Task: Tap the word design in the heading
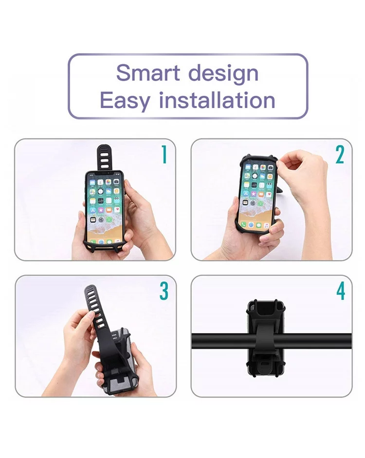pyautogui.click(x=223, y=74)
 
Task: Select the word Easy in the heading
pyautogui.click(x=125, y=100)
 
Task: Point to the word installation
pyautogui.click(x=217, y=100)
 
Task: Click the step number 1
pyautogui.click(x=164, y=154)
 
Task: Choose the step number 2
pyautogui.click(x=340, y=154)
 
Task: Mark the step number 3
pyautogui.click(x=164, y=291)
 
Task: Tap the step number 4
pyautogui.click(x=341, y=291)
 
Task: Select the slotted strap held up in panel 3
pyautogui.click(x=97, y=315)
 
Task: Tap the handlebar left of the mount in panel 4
pyautogui.click(x=221, y=340)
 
